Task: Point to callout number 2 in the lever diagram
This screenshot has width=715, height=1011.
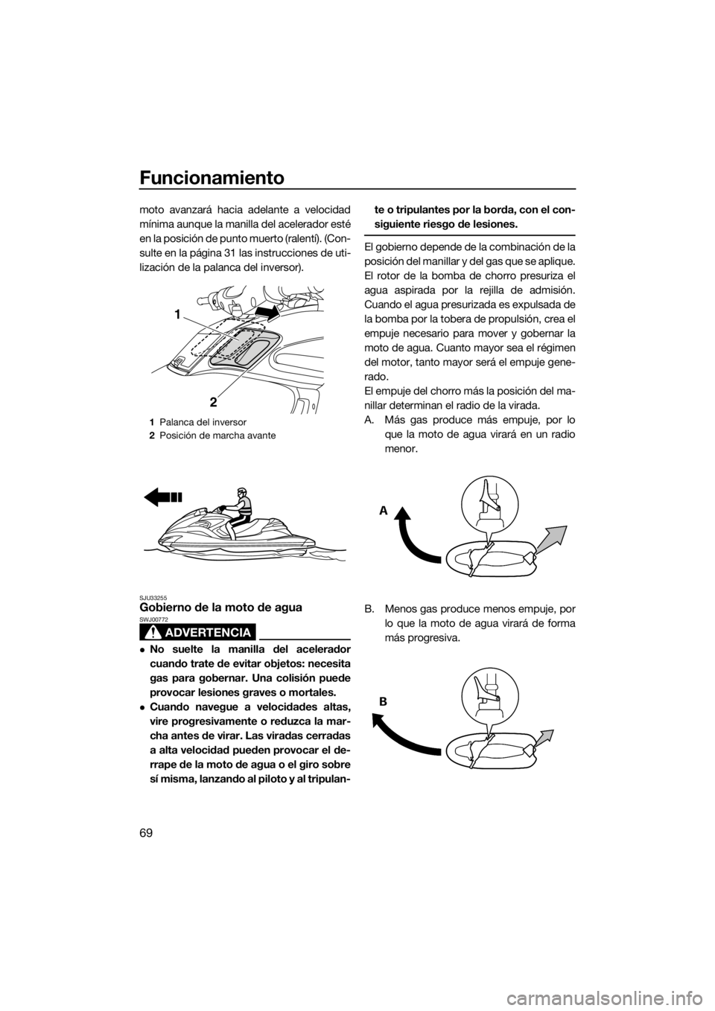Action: pos(213,401)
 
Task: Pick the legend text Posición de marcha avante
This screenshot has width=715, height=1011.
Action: pos(217,436)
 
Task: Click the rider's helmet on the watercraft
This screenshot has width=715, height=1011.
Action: pos(243,494)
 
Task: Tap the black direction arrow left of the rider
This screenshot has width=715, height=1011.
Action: pos(163,497)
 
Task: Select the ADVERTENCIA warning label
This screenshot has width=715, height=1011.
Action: pos(197,632)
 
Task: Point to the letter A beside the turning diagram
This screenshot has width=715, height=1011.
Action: pos(384,511)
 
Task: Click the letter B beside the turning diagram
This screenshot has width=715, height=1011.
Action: pos(384,702)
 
